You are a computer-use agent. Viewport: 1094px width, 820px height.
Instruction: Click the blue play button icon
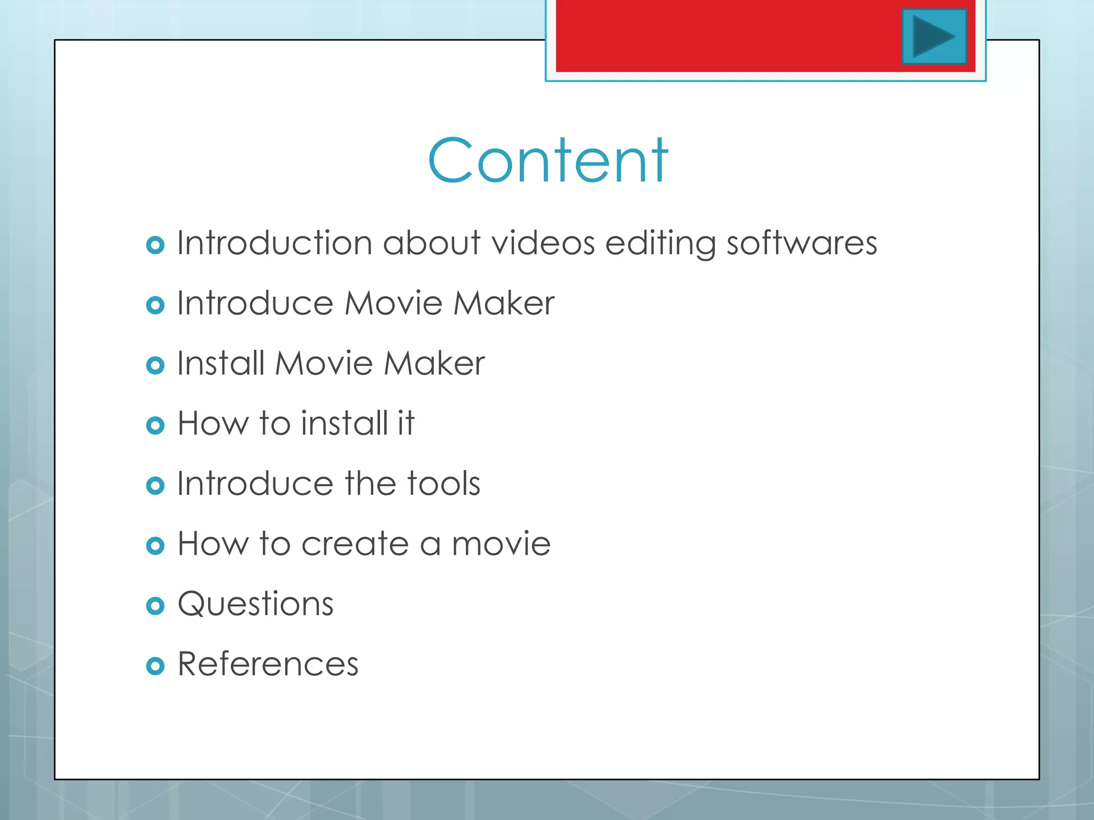pyautogui.click(x=934, y=36)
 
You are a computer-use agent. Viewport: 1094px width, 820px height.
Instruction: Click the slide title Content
pyautogui.click(x=548, y=161)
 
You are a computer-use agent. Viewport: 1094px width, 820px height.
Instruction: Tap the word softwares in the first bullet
pyautogui.click(x=801, y=243)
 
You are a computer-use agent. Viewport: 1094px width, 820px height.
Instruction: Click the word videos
pyautogui.click(x=543, y=243)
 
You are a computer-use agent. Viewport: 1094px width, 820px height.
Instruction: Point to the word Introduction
pyautogui.click(x=274, y=243)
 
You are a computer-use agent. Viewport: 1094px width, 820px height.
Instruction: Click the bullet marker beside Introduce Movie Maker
pyautogui.click(x=155, y=305)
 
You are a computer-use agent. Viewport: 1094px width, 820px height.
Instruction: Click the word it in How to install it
pyautogui.click(x=405, y=423)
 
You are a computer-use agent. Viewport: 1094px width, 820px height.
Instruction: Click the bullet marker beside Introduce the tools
pyautogui.click(x=155, y=486)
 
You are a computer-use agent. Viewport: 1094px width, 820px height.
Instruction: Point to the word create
pyautogui.click(x=355, y=544)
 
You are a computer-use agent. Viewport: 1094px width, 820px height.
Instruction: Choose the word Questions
pyautogui.click(x=255, y=605)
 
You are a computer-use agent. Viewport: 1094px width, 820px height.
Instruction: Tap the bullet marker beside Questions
pyautogui.click(x=155, y=606)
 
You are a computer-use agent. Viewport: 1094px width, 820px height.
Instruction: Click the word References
pyautogui.click(x=268, y=665)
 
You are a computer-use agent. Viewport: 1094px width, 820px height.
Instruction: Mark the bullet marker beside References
pyautogui.click(x=155, y=666)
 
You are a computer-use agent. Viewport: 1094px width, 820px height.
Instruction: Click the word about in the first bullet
pyautogui.click(x=432, y=243)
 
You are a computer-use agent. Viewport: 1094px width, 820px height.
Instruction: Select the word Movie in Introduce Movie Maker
pyautogui.click(x=393, y=303)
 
